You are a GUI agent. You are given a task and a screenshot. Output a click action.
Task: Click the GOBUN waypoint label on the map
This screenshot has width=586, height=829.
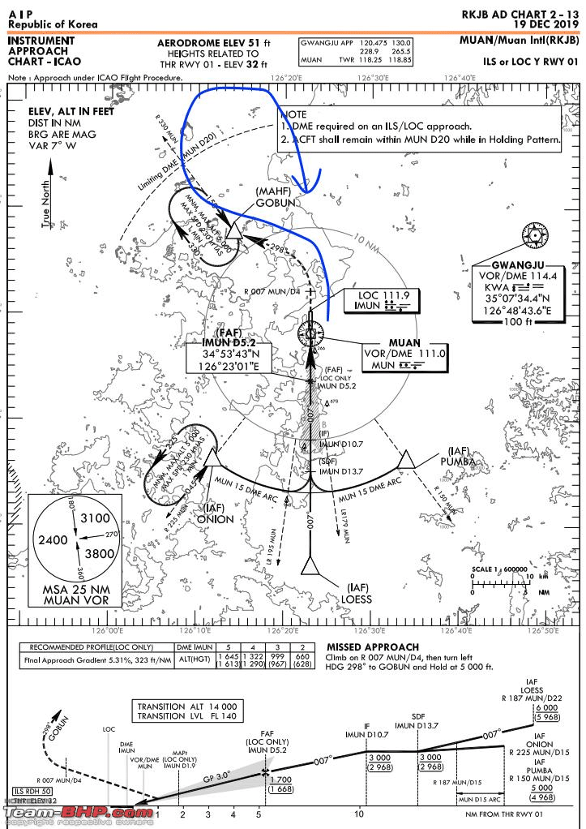pos(272,202)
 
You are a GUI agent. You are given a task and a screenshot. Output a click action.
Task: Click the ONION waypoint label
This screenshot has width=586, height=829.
pos(215,518)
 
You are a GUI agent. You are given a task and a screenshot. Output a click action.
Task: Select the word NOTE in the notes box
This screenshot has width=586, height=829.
pos(295,114)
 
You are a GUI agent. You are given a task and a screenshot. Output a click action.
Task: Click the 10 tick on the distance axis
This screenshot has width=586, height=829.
pos(358,814)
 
